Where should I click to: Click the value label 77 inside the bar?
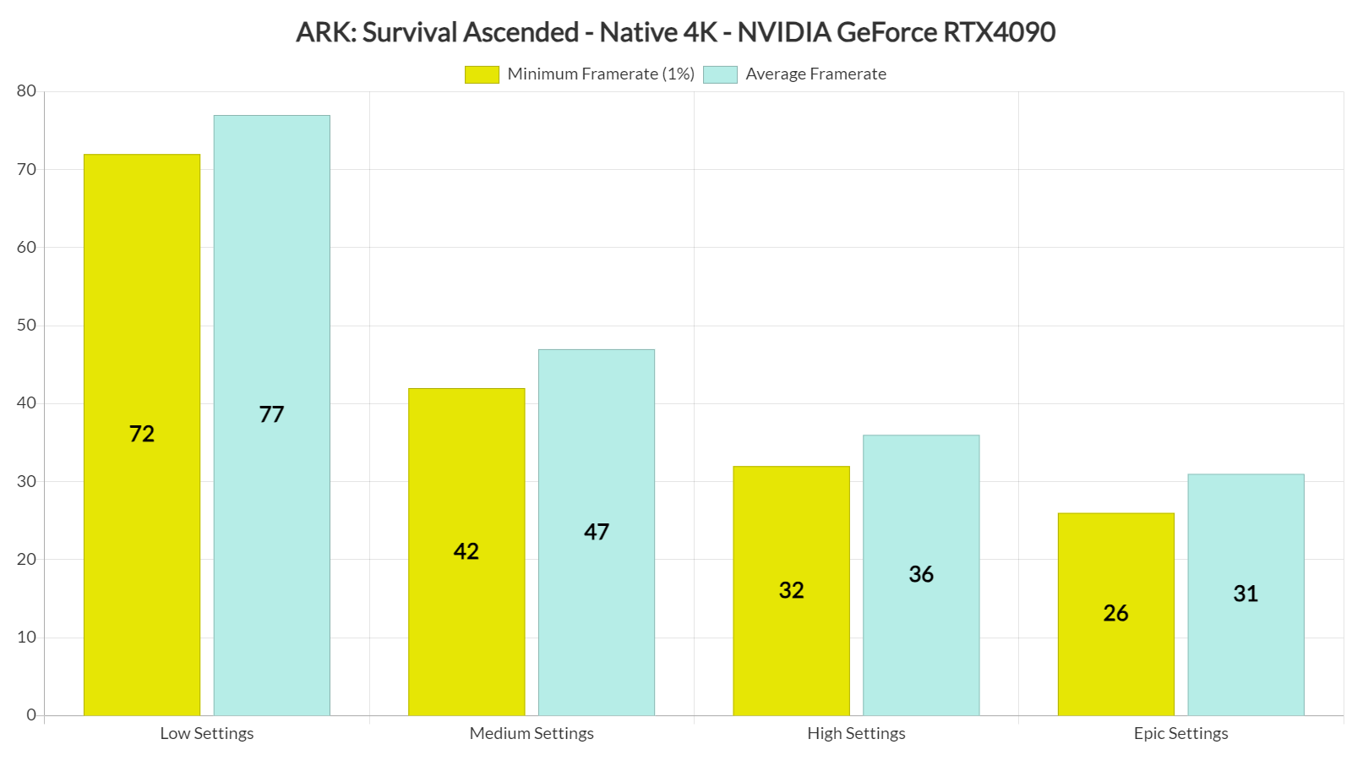tap(271, 414)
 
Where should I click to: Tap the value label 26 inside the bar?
tap(1115, 613)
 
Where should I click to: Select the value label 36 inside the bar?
tap(921, 574)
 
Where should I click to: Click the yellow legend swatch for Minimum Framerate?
tap(482, 74)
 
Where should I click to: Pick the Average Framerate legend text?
tap(815, 74)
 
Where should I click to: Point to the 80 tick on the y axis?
tap(26, 91)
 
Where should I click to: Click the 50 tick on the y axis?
tap(26, 326)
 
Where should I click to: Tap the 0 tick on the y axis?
tap(31, 715)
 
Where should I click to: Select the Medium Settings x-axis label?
tap(532, 734)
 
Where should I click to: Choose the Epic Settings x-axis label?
tap(1180, 734)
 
